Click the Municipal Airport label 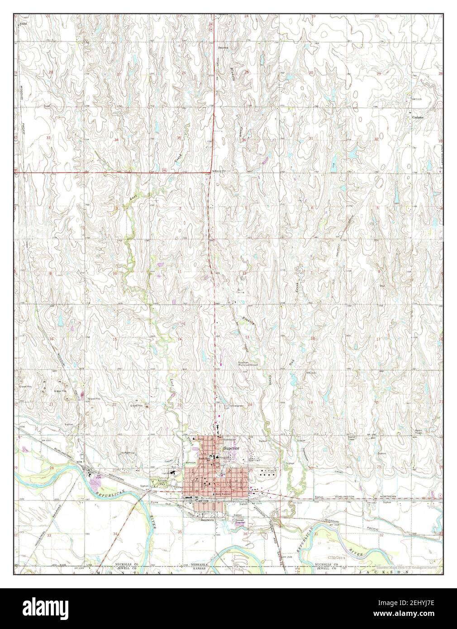pyautogui.click(x=248, y=364)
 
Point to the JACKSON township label pyautogui.click(x=385, y=572)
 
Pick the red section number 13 pyautogui.click(x=248, y=338)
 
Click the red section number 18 pyautogui.click(x=313, y=338)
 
